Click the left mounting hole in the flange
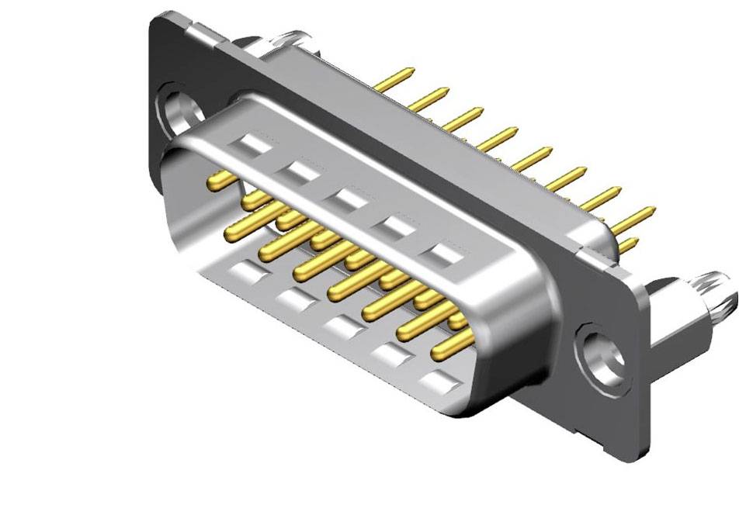point(181,111)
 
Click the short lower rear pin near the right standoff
point(629,246)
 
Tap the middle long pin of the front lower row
point(349,283)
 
